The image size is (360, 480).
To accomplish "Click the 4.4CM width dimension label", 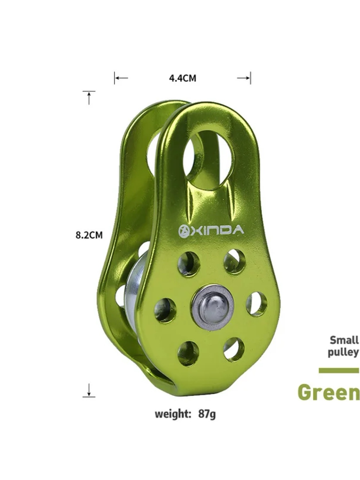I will (x=183, y=78).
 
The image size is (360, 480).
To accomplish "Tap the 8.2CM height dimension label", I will (x=89, y=235).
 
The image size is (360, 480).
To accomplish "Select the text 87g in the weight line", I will (x=207, y=413).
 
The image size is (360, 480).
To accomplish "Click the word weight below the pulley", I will (x=173, y=413).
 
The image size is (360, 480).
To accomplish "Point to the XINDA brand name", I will (x=217, y=230).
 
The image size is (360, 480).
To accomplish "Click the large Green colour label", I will (x=328, y=392).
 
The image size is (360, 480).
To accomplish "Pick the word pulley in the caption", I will (x=343, y=352).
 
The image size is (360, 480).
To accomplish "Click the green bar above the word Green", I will (x=339, y=370).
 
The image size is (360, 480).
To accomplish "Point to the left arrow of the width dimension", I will (x=121, y=78).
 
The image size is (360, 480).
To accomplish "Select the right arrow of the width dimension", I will (x=244, y=78).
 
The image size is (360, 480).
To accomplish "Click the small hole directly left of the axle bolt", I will (x=165, y=310).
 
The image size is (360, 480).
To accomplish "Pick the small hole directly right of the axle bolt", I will (x=256, y=304).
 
